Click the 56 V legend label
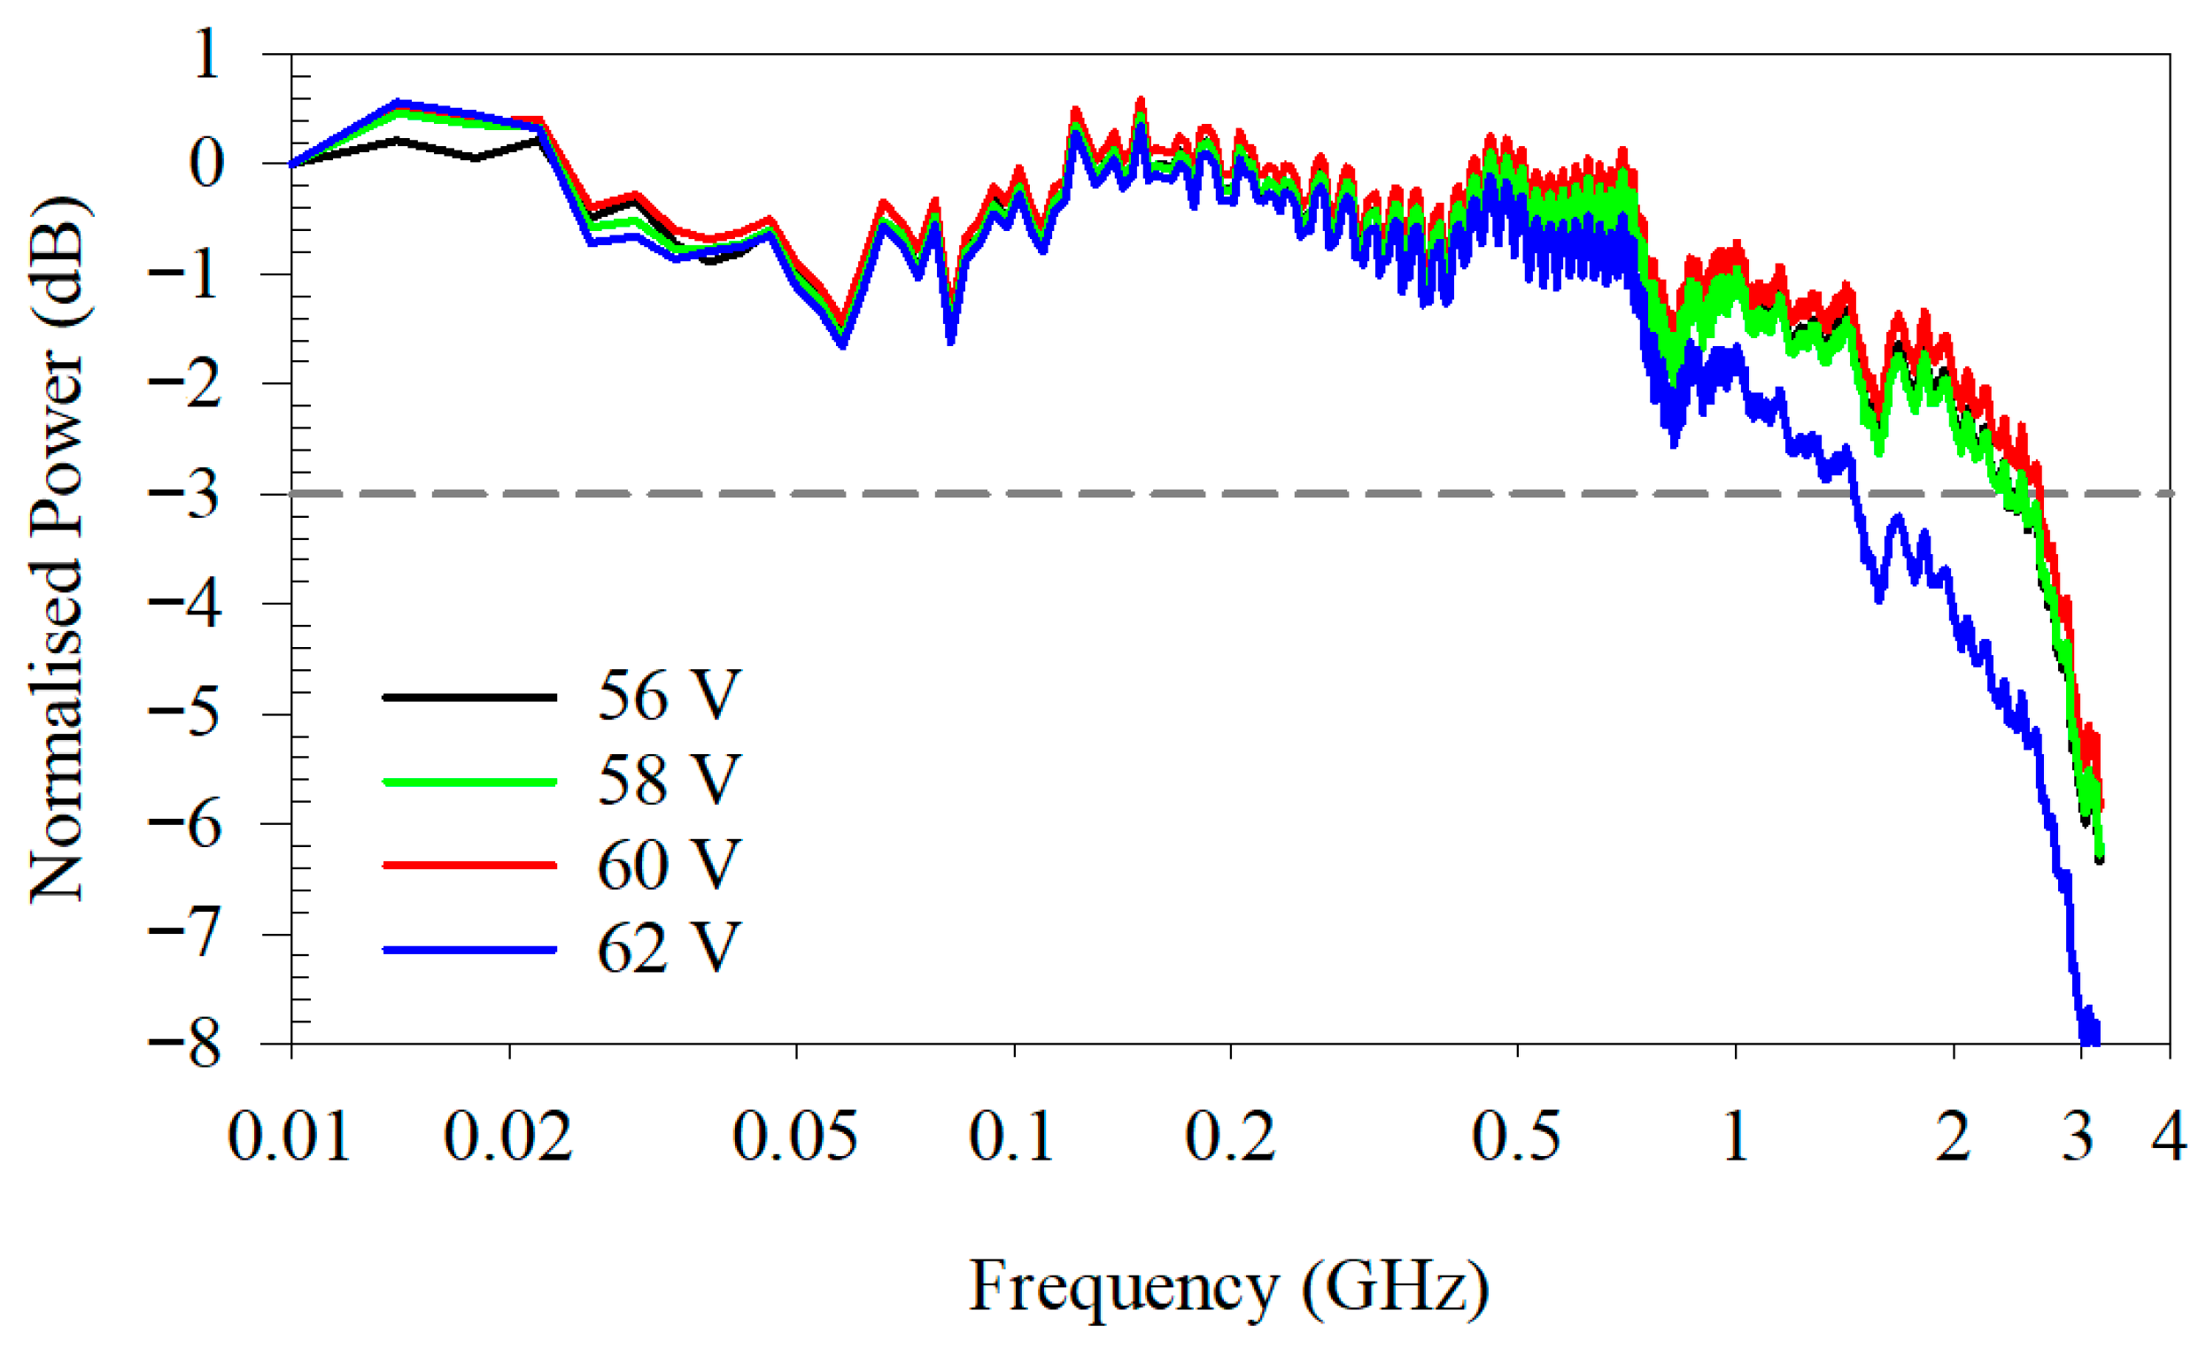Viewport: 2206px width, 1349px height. tap(668, 696)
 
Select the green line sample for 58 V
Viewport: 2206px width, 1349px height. tap(469, 781)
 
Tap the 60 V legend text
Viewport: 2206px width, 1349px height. tap(668, 865)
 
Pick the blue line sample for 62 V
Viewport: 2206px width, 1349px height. tap(469, 949)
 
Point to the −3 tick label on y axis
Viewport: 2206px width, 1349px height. tap(183, 493)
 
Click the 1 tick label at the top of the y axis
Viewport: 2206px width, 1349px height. tap(205, 54)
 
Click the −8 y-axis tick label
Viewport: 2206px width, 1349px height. tap(183, 1044)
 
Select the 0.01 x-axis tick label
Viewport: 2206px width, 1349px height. tap(289, 1137)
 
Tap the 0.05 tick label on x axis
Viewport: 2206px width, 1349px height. tap(795, 1137)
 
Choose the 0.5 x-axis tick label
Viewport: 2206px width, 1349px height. tap(1516, 1137)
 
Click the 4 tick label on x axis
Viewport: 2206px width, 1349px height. tap(2170, 1137)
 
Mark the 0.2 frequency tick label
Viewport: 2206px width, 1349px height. tap(1230, 1137)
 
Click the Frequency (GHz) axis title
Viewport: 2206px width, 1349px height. tap(1229, 1286)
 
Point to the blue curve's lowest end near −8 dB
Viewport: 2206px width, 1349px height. tap(2089, 1038)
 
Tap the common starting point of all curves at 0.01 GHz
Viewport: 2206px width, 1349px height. tap(292, 164)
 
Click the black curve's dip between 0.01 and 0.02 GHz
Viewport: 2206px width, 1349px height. tap(476, 158)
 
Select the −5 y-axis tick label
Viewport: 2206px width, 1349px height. tap(183, 713)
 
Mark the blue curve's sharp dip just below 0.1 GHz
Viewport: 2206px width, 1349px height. tap(951, 340)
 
